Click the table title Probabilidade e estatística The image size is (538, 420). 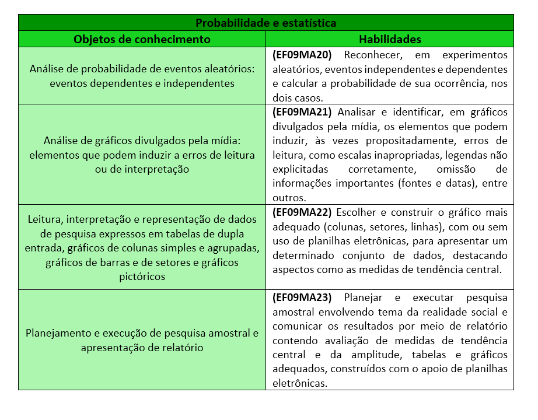click(x=265, y=23)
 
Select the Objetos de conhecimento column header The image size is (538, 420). click(x=142, y=40)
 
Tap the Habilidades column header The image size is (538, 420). click(x=389, y=40)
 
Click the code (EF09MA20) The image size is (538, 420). click(x=302, y=55)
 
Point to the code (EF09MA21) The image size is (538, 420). click(x=302, y=112)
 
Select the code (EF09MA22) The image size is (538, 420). click(x=302, y=212)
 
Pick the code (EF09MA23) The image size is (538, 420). click(x=302, y=297)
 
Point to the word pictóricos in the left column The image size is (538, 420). click(x=142, y=276)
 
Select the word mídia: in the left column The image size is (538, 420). click(x=225, y=141)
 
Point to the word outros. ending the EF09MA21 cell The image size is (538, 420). click(x=289, y=198)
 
